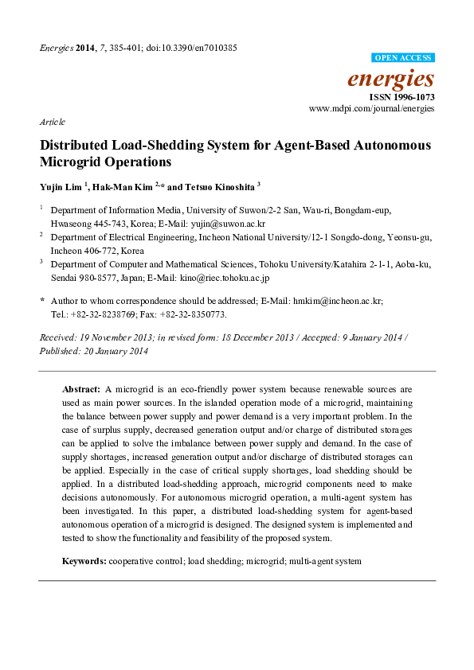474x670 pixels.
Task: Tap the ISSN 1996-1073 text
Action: click(x=403, y=96)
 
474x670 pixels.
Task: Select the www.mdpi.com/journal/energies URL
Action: click(x=371, y=107)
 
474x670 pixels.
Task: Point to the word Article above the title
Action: click(x=53, y=122)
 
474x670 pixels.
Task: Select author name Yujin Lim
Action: click(x=61, y=186)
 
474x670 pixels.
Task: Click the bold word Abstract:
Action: click(x=80, y=390)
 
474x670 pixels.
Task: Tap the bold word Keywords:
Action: click(x=84, y=561)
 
